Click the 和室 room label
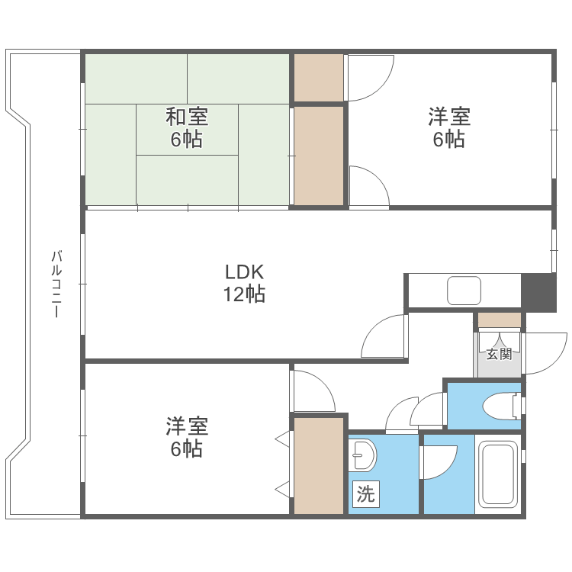187,117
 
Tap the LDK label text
243,272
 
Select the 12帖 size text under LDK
243,294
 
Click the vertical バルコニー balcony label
56,284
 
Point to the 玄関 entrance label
498,355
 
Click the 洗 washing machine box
366,494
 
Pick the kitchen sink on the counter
464,291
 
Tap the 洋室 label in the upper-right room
448,117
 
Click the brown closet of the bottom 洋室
318,465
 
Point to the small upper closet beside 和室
318,78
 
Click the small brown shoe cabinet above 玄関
499,320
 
